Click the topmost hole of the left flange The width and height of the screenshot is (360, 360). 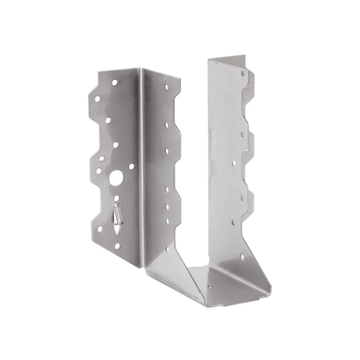pos(114,82)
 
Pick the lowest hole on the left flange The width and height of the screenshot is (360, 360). pos(117,246)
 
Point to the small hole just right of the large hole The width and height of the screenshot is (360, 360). pos(132,166)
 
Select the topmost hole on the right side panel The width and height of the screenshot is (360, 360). pos(243,73)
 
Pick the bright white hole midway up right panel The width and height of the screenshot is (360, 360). pos(233,163)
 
